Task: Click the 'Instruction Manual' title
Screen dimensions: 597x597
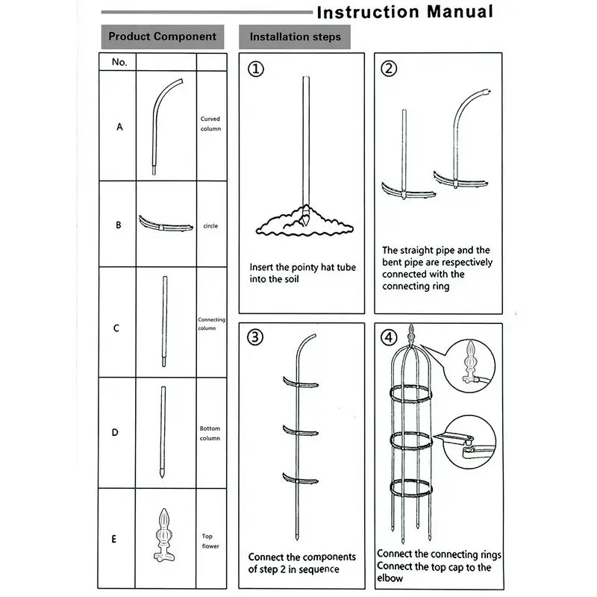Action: click(x=404, y=12)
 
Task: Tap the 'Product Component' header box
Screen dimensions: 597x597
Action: click(x=162, y=36)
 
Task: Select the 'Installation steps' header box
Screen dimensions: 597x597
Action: click(x=295, y=37)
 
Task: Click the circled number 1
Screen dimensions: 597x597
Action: click(x=256, y=69)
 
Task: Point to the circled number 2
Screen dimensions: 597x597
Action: click(x=389, y=69)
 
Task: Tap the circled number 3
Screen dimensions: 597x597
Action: click(x=256, y=337)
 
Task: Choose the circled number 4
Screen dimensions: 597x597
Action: click(x=388, y=337)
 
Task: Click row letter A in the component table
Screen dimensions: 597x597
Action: click(x=119, y=127)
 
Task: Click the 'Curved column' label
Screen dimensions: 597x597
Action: click(x=210, y=123)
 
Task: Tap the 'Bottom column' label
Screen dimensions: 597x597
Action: click(x=210, y=434)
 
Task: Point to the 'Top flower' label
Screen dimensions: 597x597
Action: click(x=210, y=541)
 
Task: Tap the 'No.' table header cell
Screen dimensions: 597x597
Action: click(x=119, y=62)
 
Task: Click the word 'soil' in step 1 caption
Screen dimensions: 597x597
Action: click(x=290, y=278)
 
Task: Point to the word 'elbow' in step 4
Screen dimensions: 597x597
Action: click(x=390, y=578)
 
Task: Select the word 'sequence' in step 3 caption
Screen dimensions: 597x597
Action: click(x=318, y=569)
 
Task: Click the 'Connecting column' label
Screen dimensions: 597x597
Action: click(x=211, y=324)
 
